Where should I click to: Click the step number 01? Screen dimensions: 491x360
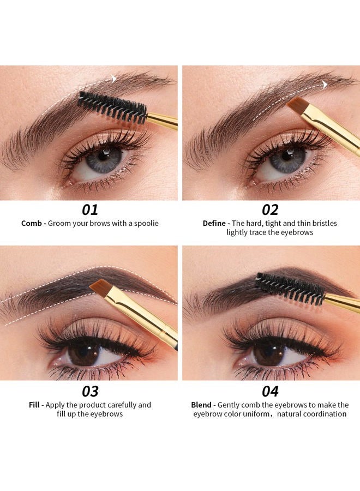[x=90, y=210]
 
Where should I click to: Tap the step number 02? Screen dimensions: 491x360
[x=270, y=210]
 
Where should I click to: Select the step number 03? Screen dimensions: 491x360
[x=90, y=392]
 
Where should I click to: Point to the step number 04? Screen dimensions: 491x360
[x=270, y=392]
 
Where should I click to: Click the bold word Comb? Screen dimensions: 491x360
[x=33, y=223]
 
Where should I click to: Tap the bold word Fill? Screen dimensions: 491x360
[x=35, y=405]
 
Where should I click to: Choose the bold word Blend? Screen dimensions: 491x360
[x=202, y=405]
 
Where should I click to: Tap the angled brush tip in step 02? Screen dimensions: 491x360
[x=297, y=105]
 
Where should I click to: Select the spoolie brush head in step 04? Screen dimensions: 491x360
[x=292, y=288]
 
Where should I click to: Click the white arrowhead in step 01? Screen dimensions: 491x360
[x=114, y=79]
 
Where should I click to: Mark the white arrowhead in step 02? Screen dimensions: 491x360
[x=325, y=85]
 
